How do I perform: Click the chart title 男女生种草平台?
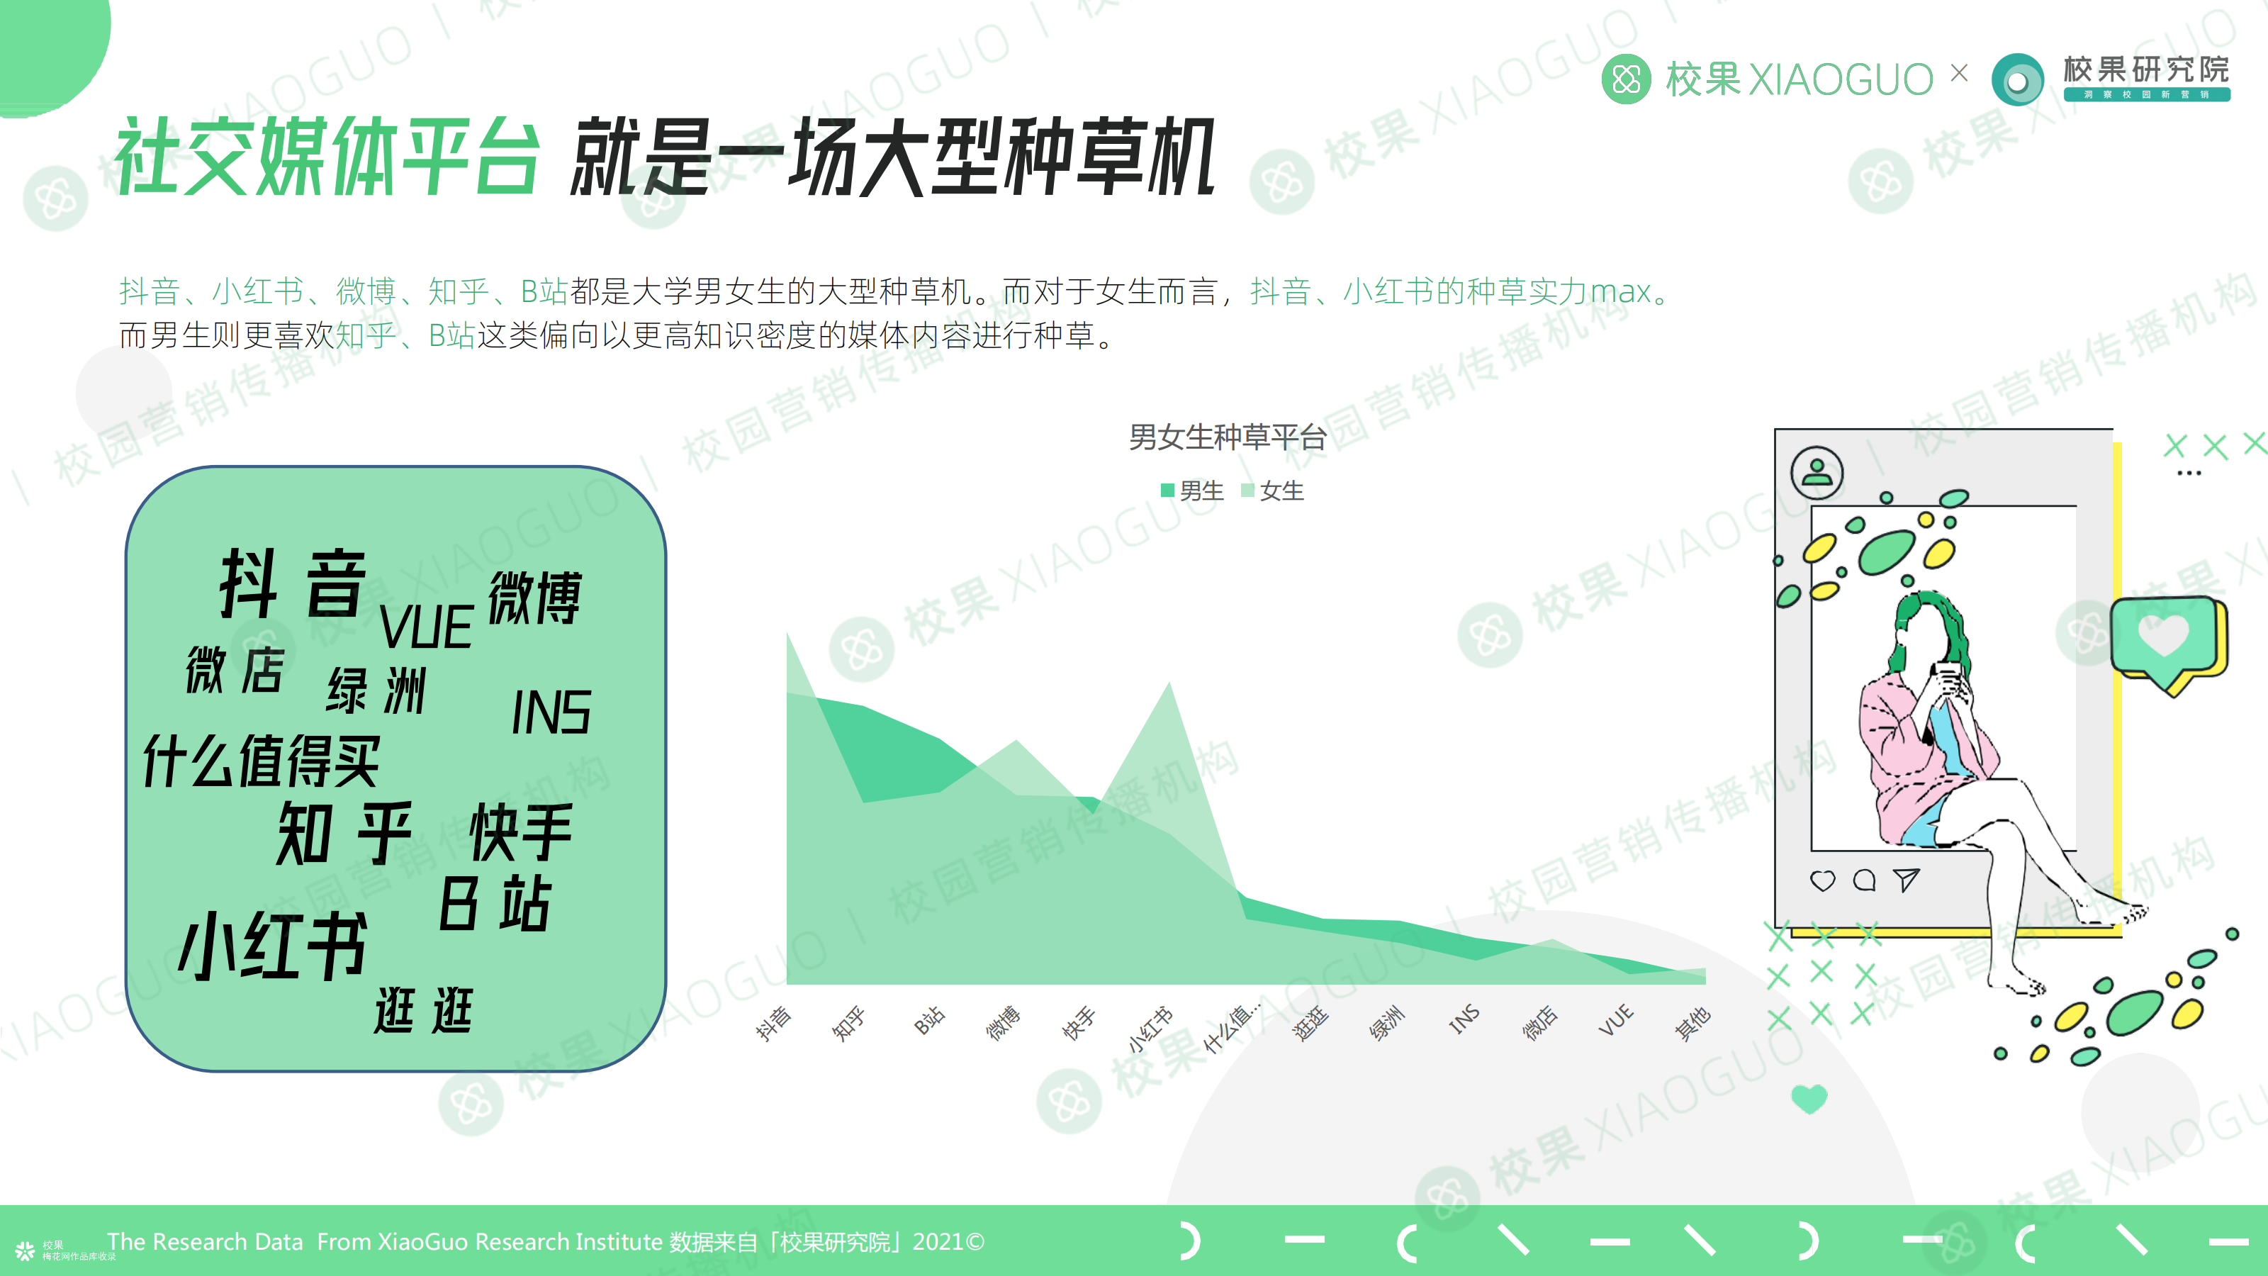coord(1228,437)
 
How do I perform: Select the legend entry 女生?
coord(1272,491)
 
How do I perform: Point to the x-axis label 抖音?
coord(773,1023)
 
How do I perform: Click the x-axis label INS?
coord(1464,1020)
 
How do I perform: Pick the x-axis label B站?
coord(928,1020)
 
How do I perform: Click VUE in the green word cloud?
coord(426,627)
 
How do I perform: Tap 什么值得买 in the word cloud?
coord(262,760)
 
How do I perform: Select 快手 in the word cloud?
coord(521,832)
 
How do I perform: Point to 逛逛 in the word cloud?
coord(424,1010)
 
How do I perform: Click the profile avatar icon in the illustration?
coord(1817,473)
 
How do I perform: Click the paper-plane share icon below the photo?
coord(1906,880)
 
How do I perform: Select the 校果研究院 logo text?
coord(2145,69)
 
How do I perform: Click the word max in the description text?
coord(1620,291)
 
